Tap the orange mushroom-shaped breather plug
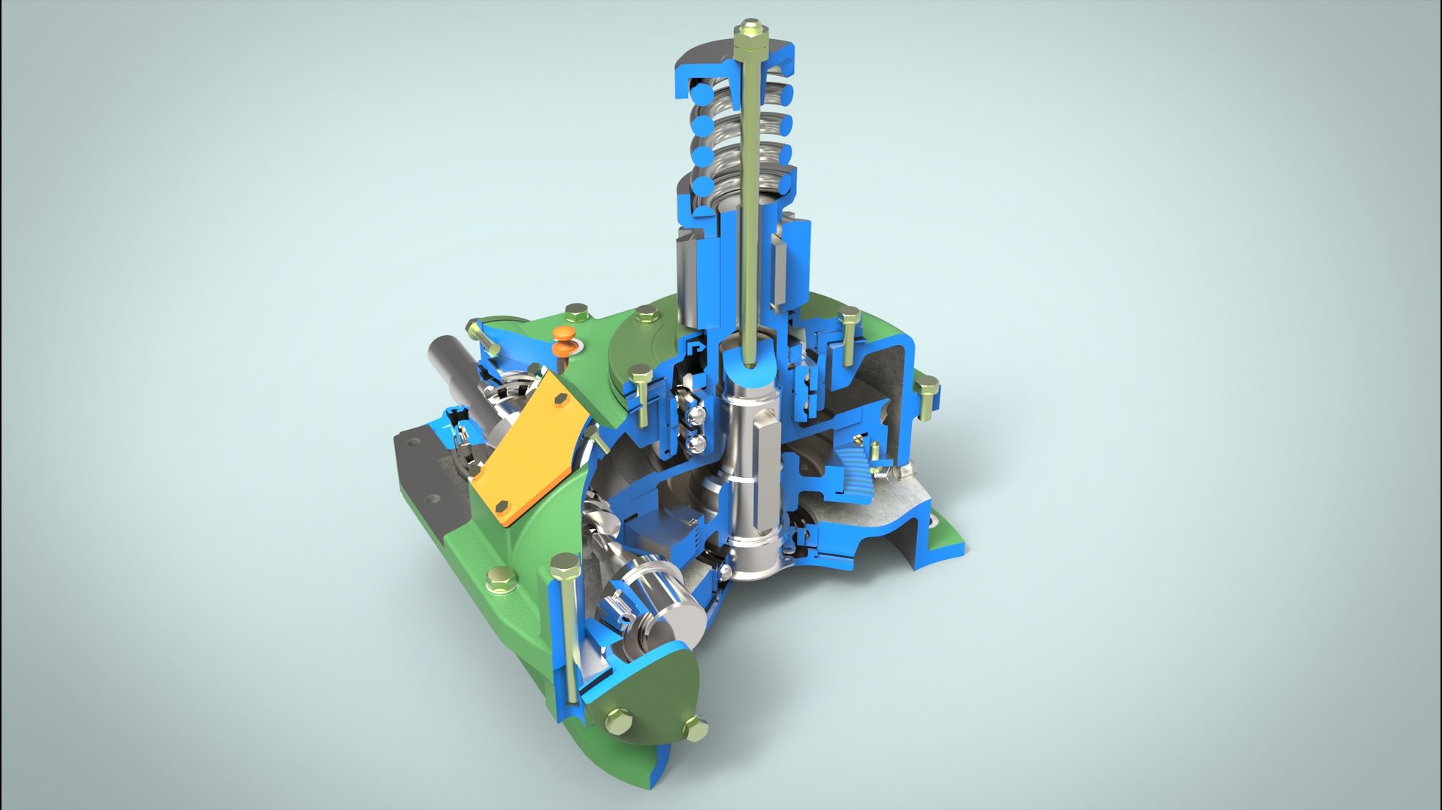tap(562, 341)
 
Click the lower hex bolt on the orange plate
tap(501, 508)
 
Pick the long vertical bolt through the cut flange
tap(568, 631)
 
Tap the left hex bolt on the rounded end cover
tap(617, 722)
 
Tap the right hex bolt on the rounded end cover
tap(695, 727)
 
